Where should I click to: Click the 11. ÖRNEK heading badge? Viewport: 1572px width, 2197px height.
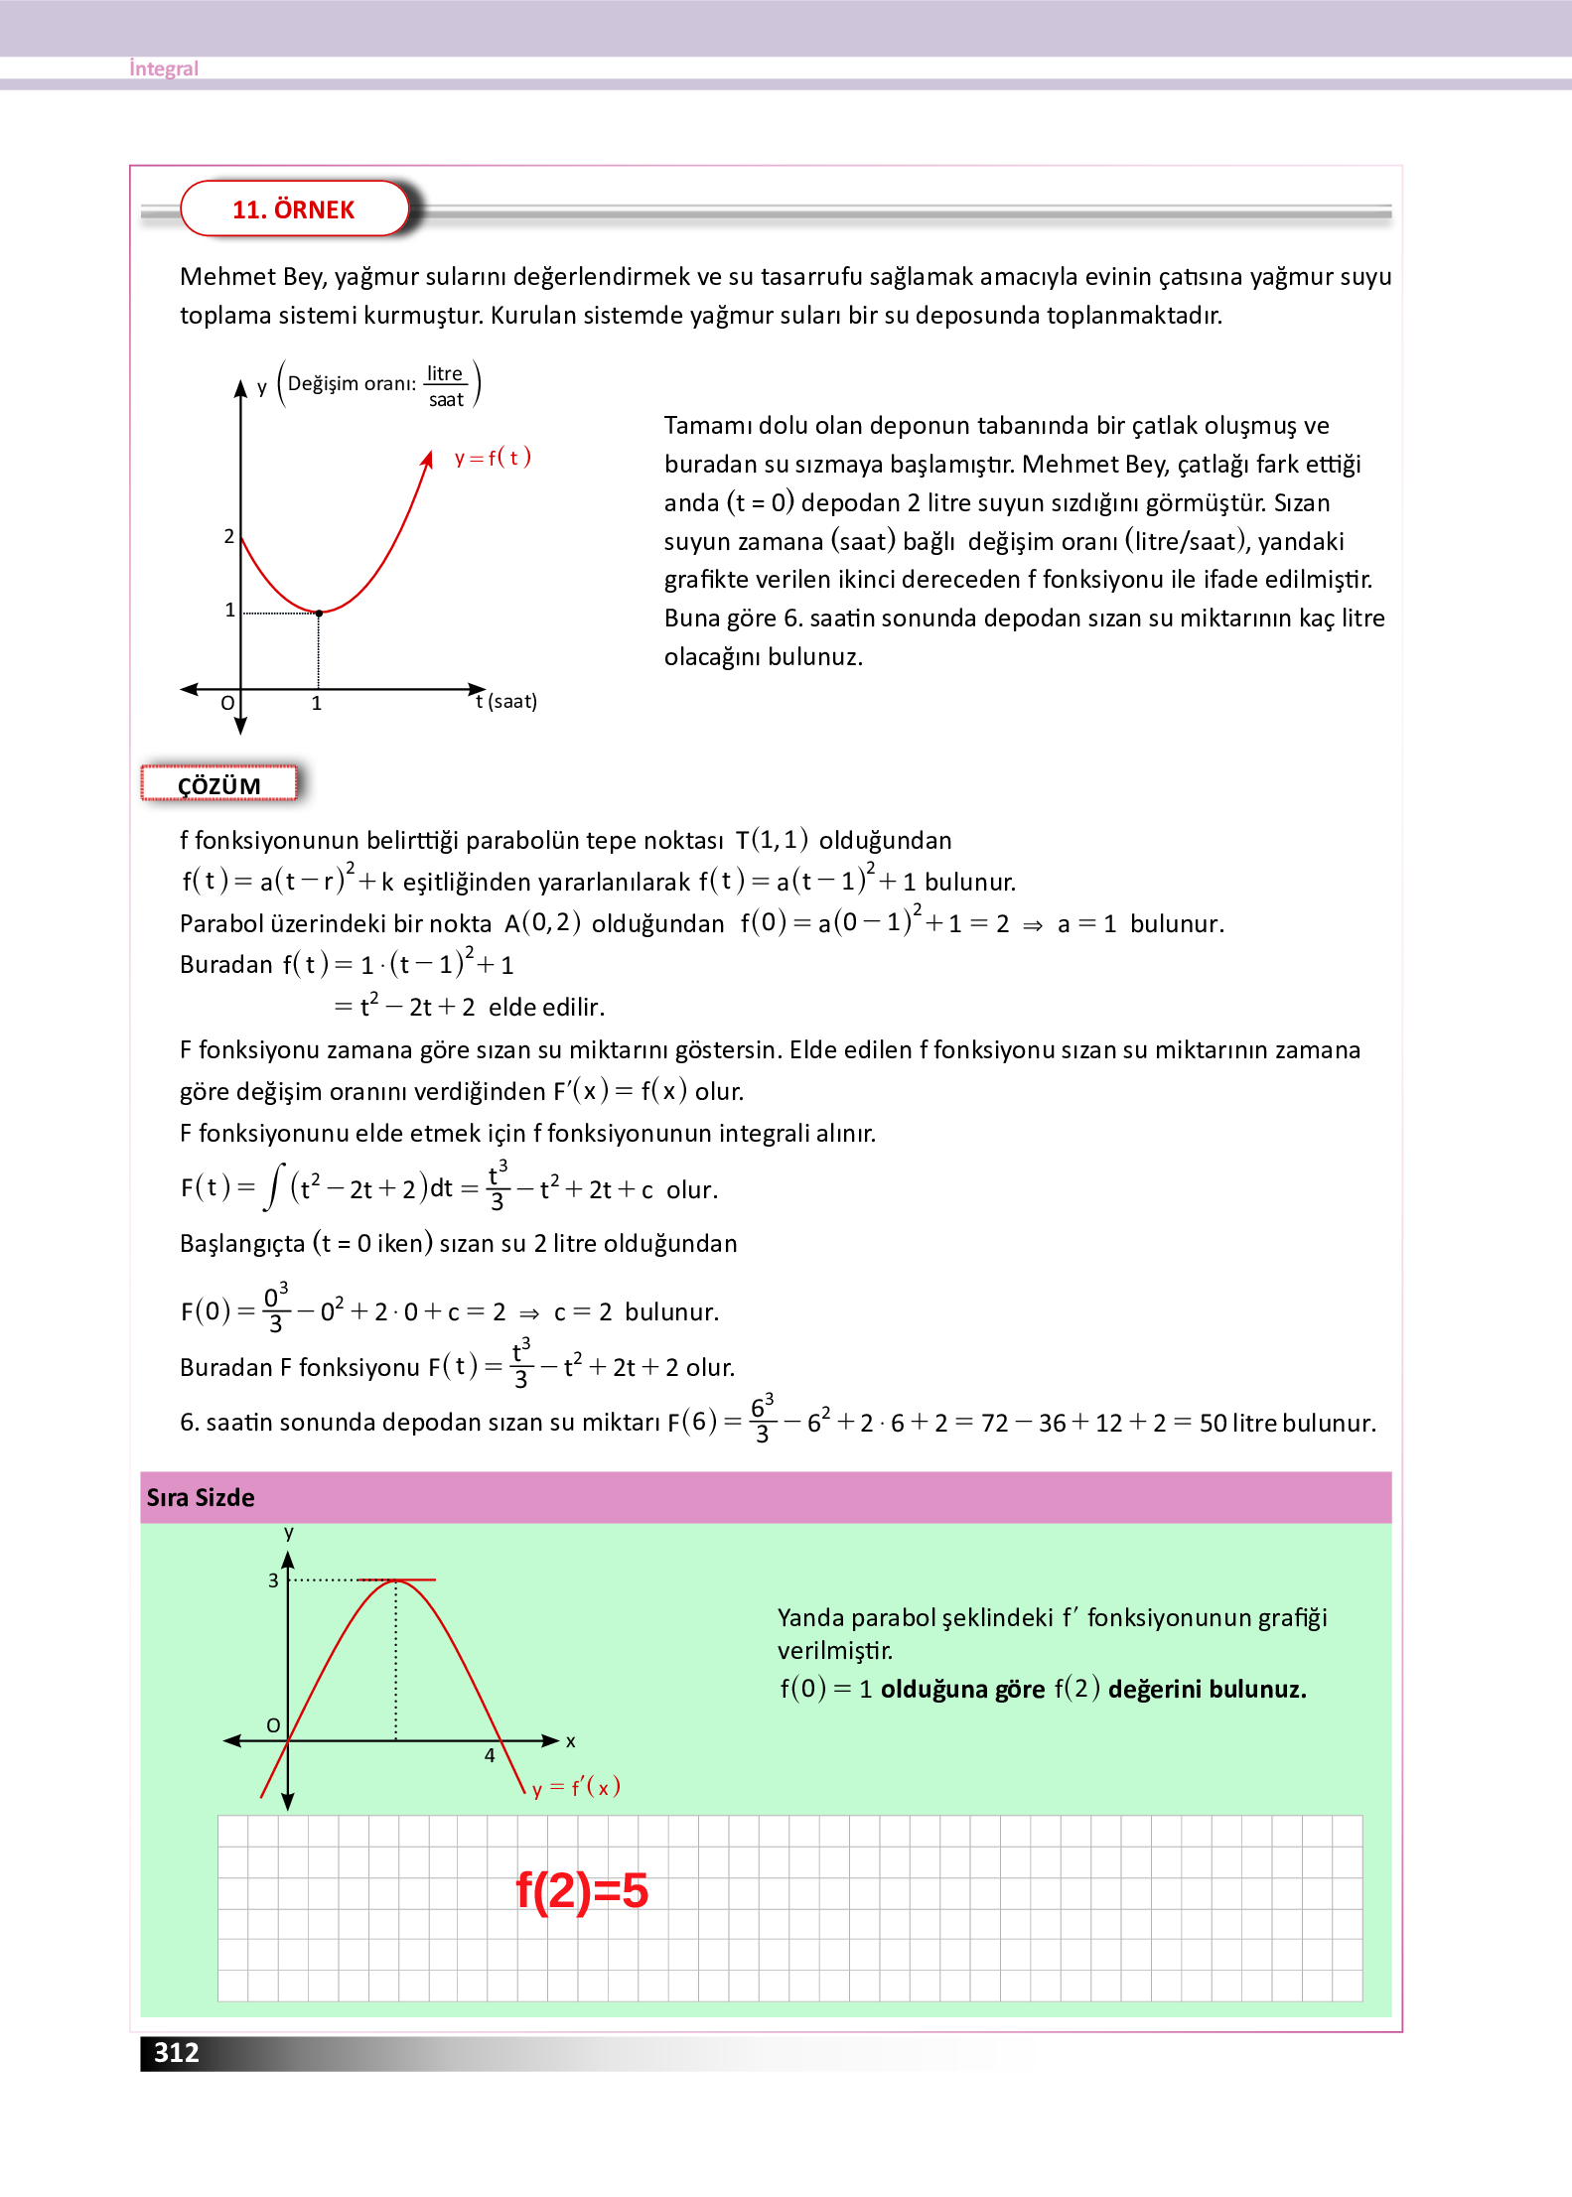[294, 209]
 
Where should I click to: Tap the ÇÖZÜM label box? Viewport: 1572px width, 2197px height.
[219, 785]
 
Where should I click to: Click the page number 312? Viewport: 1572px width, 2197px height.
[177, 2052]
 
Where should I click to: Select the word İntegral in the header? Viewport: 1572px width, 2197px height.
[164, 69]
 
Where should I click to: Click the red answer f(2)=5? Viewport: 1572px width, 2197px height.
[582, 1890]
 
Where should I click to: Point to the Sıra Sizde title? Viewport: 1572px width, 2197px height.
[201, 1497]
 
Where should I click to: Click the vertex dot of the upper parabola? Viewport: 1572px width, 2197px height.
[319, 614]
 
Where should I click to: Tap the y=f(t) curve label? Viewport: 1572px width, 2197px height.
[493, 458]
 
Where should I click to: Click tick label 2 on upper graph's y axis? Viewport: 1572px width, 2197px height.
[229, 536]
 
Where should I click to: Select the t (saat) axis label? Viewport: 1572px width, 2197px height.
[506, 701]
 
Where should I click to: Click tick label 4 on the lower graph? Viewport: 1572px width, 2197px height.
[490, 1755]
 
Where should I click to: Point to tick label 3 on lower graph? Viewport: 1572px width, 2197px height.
[273, 1580]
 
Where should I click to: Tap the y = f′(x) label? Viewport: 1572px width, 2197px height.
[576, 1787]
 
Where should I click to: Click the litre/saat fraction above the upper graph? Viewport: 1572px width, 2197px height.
[446, 386]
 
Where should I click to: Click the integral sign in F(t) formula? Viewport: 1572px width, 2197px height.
[273, 1187]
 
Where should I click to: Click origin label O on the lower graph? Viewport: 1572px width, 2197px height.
[273, 1725]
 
